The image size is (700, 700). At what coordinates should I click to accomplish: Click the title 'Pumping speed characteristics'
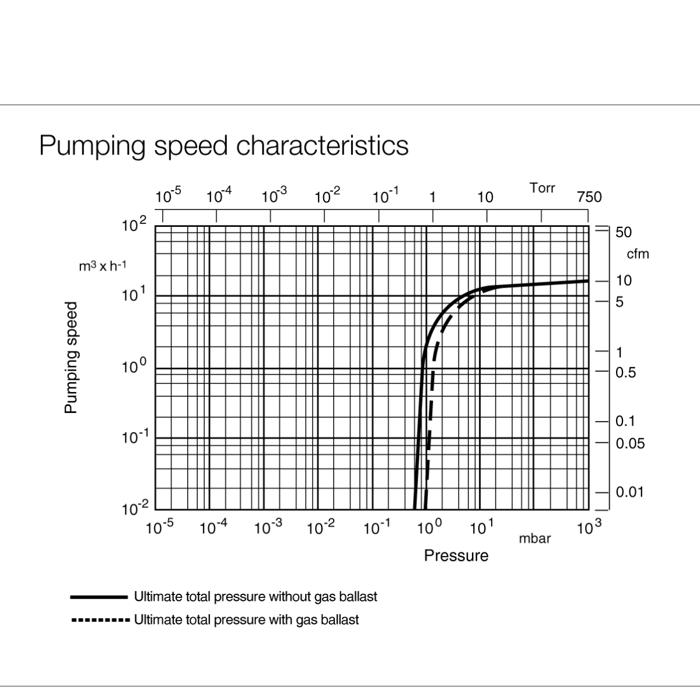point(223,145)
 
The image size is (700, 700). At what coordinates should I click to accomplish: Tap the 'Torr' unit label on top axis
point(542,188)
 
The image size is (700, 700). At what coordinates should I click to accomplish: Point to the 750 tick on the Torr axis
point(589,197)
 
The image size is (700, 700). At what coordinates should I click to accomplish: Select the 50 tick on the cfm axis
point(623,232)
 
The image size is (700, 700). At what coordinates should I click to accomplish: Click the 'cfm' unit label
point(637,254)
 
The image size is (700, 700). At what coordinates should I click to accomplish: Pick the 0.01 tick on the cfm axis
point(629,492)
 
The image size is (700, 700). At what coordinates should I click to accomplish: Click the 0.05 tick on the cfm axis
point(630,443)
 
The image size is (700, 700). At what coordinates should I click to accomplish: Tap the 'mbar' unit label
point(534,538)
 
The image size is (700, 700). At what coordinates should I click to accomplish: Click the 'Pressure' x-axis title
point(456,555)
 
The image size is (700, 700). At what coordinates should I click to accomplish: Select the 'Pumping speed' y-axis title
point(71,358)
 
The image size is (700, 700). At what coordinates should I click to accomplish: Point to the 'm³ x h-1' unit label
point(103,267)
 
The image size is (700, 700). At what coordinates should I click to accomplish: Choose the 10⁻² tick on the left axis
point(136,508)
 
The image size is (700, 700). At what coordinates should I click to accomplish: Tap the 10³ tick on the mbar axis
point(589,528)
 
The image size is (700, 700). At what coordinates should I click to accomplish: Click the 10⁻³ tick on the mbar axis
point(268,528)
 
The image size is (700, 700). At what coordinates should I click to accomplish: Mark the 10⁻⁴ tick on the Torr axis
point(219,196)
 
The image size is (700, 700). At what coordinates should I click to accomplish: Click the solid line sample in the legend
point(99,597)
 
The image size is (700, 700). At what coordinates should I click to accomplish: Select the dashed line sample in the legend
point(99,619)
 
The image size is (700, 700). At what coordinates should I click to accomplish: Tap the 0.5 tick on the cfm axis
point(625,373)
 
